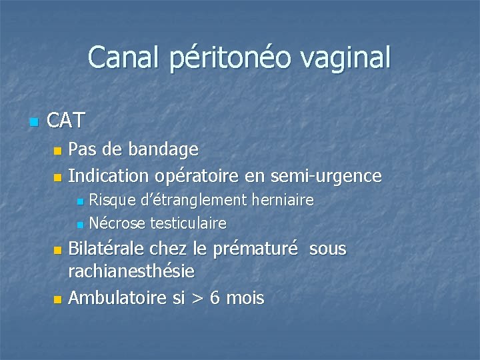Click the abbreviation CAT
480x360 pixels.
tap(67, 121)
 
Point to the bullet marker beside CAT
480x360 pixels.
tap(35, 122)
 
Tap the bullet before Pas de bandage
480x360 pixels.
tap(57, 150)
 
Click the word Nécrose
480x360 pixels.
tap(117, 223)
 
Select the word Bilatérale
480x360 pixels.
tap(107, 249)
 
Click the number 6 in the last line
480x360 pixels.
tap(215, 297)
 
